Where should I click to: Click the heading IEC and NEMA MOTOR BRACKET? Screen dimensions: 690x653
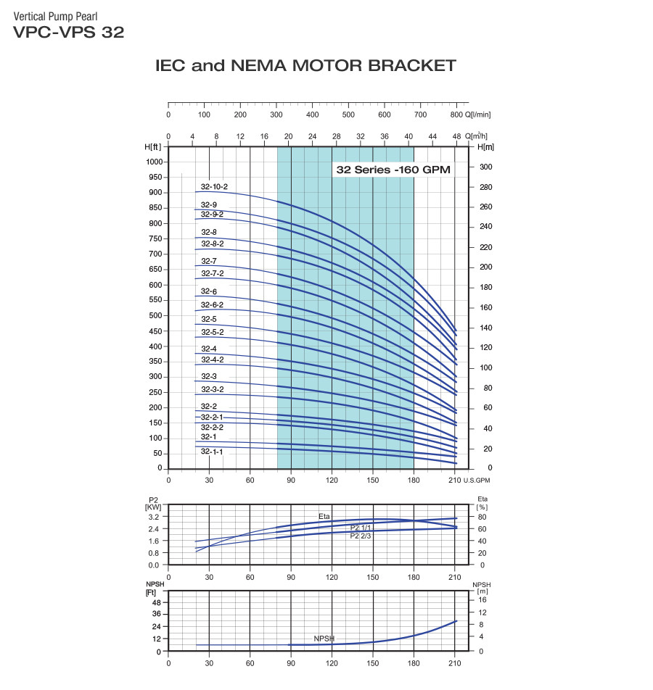[x=305, y=66]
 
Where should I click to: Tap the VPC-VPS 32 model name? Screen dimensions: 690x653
[x=68, y=32]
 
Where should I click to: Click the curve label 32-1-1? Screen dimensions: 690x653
[x=212, y=452]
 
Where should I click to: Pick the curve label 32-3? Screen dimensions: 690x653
[x=209, y=376]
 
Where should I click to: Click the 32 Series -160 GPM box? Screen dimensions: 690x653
[x=393, y=170]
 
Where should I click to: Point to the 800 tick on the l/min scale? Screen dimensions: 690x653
[x=456, y=115]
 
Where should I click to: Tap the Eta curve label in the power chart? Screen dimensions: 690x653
[x=324, y=516]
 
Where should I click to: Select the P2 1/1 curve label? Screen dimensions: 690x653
[x=361, y=527]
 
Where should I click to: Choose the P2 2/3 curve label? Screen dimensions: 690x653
[x=361, y=536]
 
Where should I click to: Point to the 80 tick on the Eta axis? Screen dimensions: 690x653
[x=482, y=517]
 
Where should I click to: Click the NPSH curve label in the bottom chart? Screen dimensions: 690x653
[x=324, y=638]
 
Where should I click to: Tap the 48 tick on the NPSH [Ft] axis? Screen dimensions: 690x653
[x=156, y=603]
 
